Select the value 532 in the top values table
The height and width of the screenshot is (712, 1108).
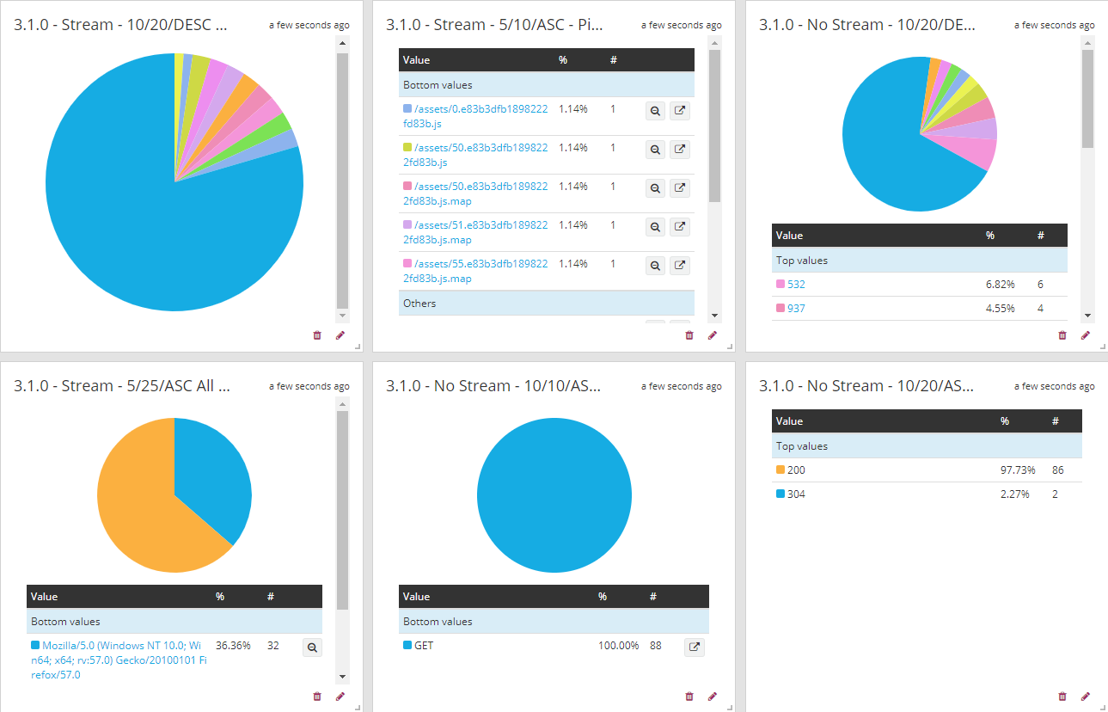pyautogui.click(x=796, y=285)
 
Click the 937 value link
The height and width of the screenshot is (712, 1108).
pyautogui.click(x=796, y=309)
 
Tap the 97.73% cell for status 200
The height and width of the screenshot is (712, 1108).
pyautogui.click(x=1018, y=470)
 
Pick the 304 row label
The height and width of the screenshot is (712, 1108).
pyautogui.click(x=796, y=494)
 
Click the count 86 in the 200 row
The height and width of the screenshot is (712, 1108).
pyautogui.click(x=1057, y=470)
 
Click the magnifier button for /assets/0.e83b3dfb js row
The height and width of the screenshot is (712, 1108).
pyautogui.click(x=655, y=111)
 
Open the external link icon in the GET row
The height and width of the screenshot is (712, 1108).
pyautogui.click(x=694, y=647)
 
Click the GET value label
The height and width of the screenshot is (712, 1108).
pyautogui.click(x=424, y=646)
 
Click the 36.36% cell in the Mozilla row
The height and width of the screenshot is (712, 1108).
pyautogui.click(x=233, y=645)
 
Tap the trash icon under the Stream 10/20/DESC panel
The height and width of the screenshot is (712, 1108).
pyautogui.click(x=316, y=335)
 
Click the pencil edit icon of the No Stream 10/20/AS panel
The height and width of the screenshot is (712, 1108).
pyautogui.click(x=1085, y=697)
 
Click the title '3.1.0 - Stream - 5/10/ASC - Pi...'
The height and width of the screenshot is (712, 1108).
pyautogui.click(x=494, y=25)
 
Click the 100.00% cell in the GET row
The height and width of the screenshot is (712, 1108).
pyautogui.click(x=618, y=646)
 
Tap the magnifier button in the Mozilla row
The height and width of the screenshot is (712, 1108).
pyautogui.click(x=312, y=648)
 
